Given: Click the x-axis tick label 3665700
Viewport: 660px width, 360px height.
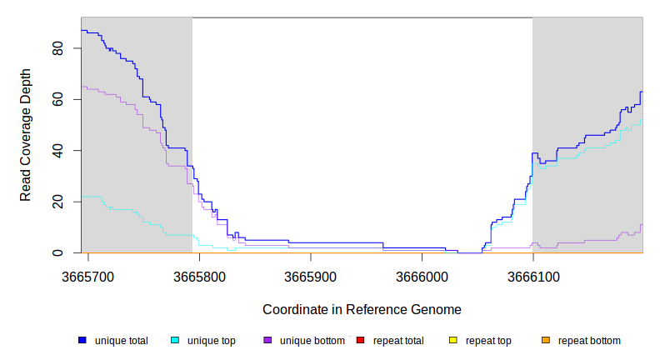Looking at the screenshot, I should point(88,276).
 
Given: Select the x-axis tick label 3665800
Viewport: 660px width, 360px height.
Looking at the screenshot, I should point(199,276).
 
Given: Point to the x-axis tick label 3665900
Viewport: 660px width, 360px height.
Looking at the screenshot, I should point(311,276).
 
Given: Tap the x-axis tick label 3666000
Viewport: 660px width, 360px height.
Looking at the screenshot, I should point(422,276).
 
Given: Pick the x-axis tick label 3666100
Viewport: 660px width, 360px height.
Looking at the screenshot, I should point(532,276).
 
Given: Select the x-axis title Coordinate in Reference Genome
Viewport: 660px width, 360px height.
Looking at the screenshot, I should point(362,309).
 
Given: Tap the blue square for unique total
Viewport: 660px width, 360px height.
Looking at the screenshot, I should point(82,341).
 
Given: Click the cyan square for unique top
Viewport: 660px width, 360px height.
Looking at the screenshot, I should point(175,341).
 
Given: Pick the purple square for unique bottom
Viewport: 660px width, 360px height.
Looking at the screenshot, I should point(267,341).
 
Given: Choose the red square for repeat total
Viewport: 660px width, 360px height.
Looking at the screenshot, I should point(360,341).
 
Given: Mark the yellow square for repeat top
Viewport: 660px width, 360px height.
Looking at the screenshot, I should point(453,341).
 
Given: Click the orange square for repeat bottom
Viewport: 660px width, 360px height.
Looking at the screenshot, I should point(546,341).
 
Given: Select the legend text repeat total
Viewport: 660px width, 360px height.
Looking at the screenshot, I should point(398,341).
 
